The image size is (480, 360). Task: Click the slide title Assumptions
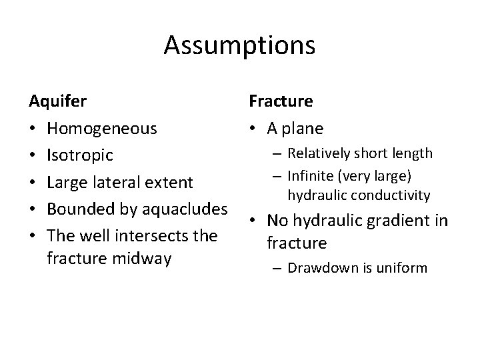[x=239, y=46]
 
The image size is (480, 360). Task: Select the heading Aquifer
[x=57, y=102]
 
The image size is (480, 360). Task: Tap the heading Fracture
[x=281, y=102]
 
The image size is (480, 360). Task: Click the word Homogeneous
[x=103, y=129]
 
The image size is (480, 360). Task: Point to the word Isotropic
[x=81, y=155]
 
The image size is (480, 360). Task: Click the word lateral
[x=124, y=182]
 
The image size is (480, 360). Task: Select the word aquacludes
[x=182, y=209]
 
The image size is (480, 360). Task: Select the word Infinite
[x=311, y=177]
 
